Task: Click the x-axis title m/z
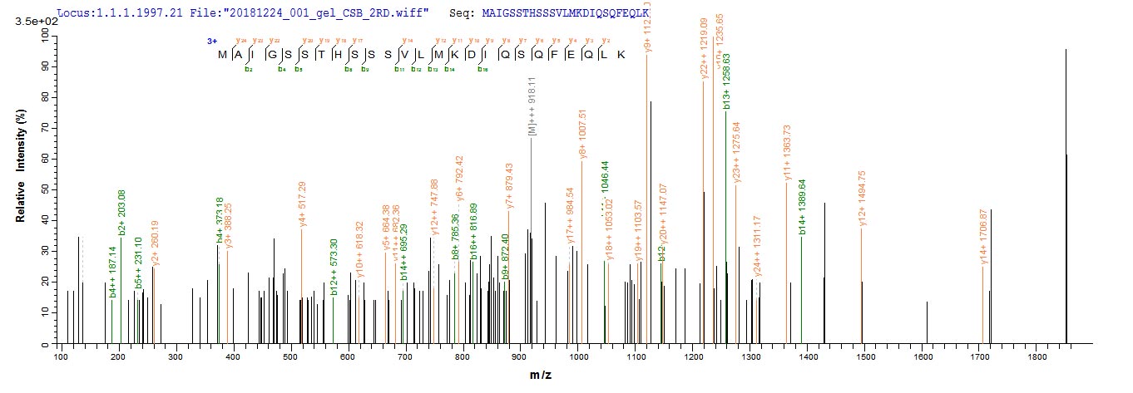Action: click(x=540, y=376)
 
